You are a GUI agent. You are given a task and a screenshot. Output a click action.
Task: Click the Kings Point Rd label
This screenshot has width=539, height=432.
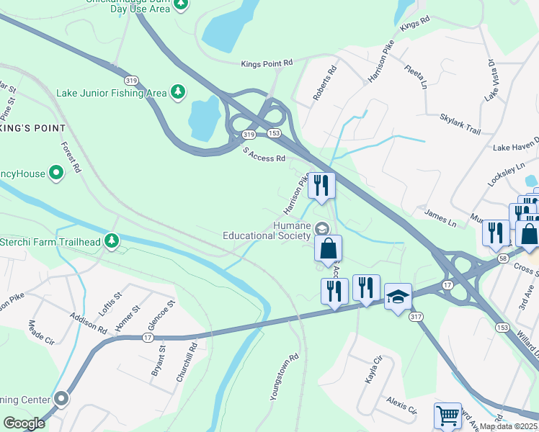pyautogui.click(x=267, y=64)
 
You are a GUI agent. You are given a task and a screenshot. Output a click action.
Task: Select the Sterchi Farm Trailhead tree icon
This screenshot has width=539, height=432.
pyautogui.click(x=111, y=240)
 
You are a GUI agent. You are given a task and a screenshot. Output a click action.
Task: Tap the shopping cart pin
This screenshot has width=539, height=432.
pyautogui.click(x=447, y=415)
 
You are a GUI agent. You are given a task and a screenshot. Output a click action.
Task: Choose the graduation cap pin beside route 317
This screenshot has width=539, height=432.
pyautogui.click(x=398, y=297)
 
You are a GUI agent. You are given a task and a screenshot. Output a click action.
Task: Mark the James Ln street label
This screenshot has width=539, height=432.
pyautogui.click(x=441, y=218)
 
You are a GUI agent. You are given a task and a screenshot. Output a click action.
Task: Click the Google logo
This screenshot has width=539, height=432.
pyautogui.click(x=24, y=423)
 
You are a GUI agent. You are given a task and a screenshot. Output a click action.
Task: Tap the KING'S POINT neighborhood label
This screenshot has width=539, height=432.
pyautogui.click(x=33, y=128)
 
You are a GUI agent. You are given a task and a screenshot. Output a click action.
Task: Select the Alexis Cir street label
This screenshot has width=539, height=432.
pyautogui.click(x=401, y=405)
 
